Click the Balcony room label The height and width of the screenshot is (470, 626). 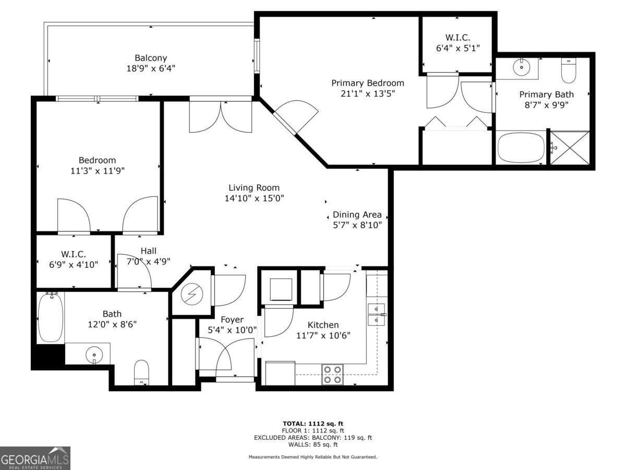[x=151, y=58]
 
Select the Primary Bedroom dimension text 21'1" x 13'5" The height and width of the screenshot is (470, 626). [x=368, y=93]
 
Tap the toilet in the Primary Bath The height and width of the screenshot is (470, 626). [x=568, y=70]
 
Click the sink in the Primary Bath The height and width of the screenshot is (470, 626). [x=520, y=67]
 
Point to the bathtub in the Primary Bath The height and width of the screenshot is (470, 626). [x=521, y=148]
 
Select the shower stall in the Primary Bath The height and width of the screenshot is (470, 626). [x=570, y=148]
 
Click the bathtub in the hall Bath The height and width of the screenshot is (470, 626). [x=51, y=317]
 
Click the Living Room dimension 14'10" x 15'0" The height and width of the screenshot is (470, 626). [x=254, y=198]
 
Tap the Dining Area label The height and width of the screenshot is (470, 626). [x=357, y=215]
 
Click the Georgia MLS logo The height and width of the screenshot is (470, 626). [x=35, y=458]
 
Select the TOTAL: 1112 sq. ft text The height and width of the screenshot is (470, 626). [x=312, y=424]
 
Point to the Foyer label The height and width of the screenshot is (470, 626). [x=232, y=320]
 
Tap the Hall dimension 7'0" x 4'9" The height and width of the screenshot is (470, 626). [x=149, y=261]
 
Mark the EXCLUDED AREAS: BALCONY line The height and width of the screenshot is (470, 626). [x=312, y=438]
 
